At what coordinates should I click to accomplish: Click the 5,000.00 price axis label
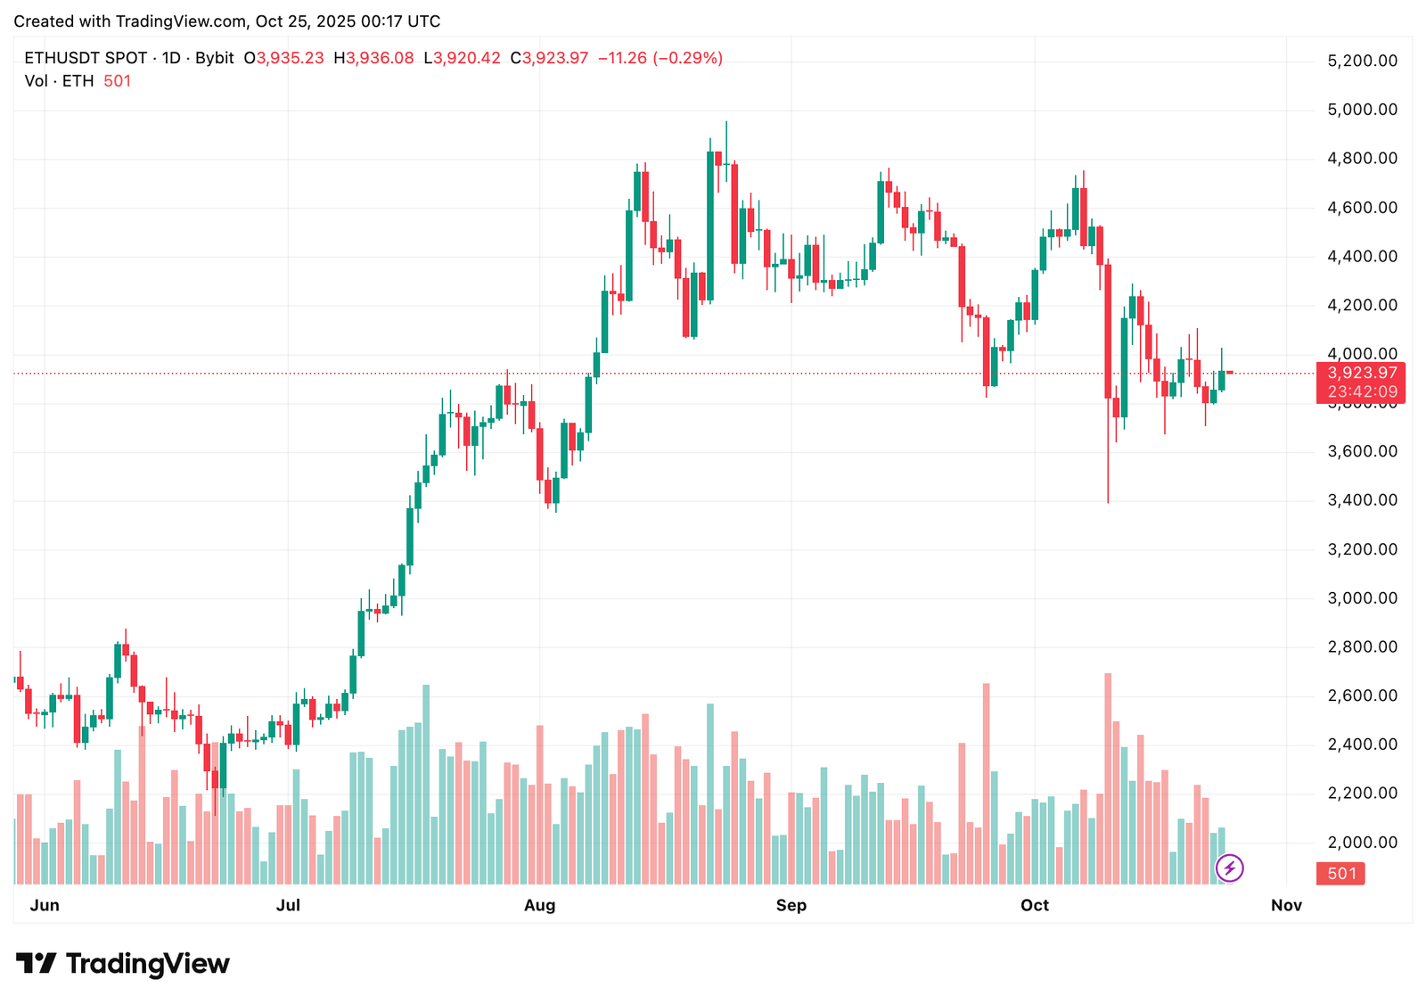coord(1362,110)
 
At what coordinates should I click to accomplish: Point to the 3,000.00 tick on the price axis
coord(1362,598)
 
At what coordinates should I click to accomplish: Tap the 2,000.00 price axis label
coord(1362,843)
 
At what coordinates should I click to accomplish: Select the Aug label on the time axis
coord(539,906)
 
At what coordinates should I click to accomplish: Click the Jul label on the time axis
coord(288,906)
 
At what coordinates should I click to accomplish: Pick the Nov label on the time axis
coord(1286,906)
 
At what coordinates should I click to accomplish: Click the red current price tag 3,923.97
coord(1362,373)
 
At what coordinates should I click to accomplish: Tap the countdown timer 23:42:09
coord(1362,391)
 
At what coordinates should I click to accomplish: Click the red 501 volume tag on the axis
coord(1341,874)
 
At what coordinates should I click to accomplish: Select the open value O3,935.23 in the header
coord(284,58)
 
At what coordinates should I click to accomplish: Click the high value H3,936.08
coord(373,58)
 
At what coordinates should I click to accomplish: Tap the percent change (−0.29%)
coord(688,58)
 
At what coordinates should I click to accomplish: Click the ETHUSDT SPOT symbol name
coord(86,58)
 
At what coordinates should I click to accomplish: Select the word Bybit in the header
coord(214,58)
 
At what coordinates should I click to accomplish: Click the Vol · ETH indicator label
coord(59,81)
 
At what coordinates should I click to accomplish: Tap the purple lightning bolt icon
coord(1230,868)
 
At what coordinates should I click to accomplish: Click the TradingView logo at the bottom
coord(123,964)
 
